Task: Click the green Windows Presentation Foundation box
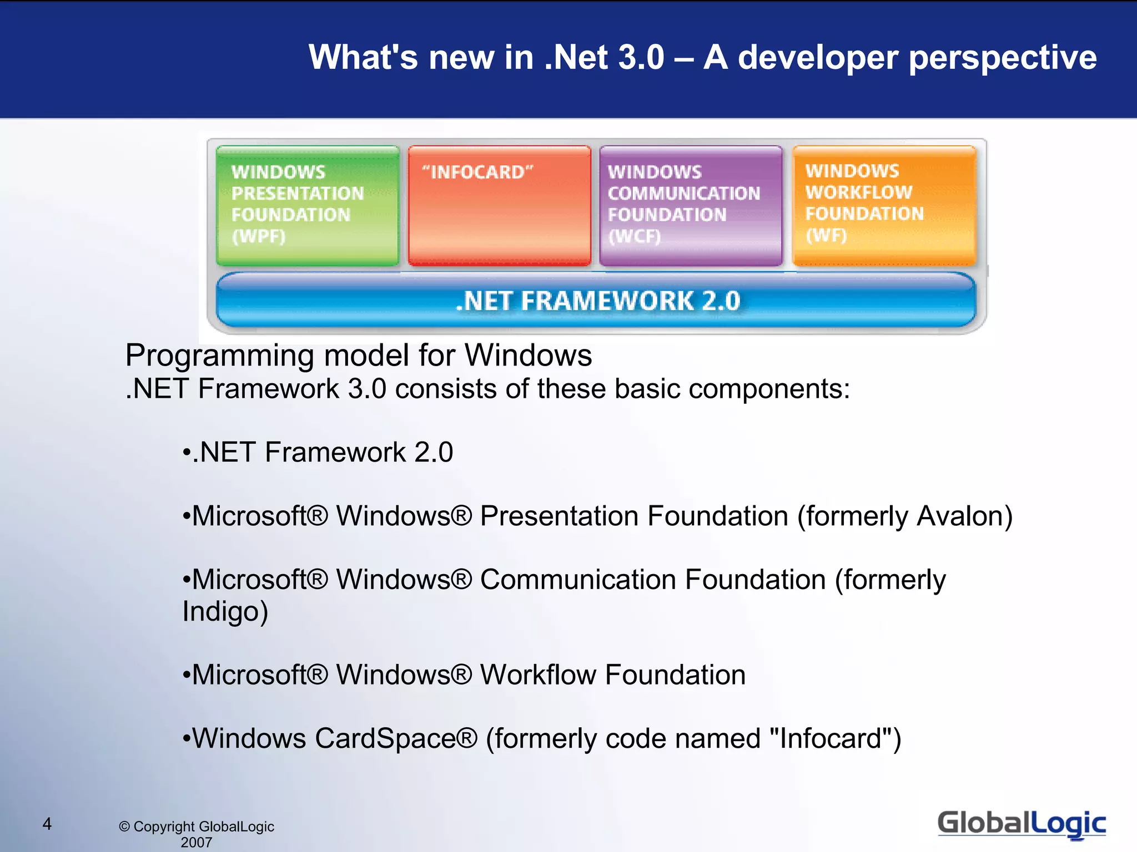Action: [308, 205]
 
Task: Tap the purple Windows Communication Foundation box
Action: [691, 205]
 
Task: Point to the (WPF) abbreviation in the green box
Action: [258, 236]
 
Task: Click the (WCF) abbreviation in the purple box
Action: [635, 236]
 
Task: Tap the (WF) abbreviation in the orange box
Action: [826, 235]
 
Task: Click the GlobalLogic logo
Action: [1022, 823]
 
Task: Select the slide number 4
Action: [47, 824]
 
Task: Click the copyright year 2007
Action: [197, 842]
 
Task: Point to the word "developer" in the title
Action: [817, 58]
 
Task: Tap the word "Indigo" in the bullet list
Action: [225, 612]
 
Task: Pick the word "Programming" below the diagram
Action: [219, 356]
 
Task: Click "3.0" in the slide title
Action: [641, 58]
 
